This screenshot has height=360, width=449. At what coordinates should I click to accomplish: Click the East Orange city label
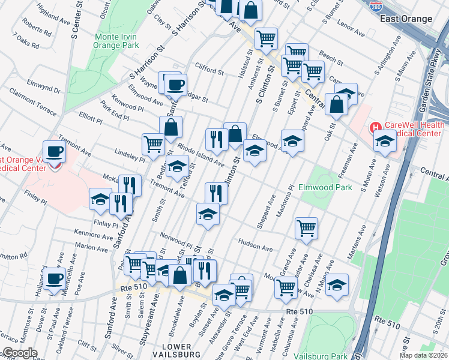[406, 19]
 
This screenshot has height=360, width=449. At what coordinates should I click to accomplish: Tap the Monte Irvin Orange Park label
[117, 41]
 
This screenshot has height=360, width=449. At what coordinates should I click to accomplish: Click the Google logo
[20, 353]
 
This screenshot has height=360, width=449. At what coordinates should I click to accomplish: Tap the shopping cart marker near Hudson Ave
[307, 229]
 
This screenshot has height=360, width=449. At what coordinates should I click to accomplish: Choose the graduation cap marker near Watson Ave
[385, 142]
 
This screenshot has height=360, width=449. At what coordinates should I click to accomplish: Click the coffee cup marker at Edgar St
[175, 85]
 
